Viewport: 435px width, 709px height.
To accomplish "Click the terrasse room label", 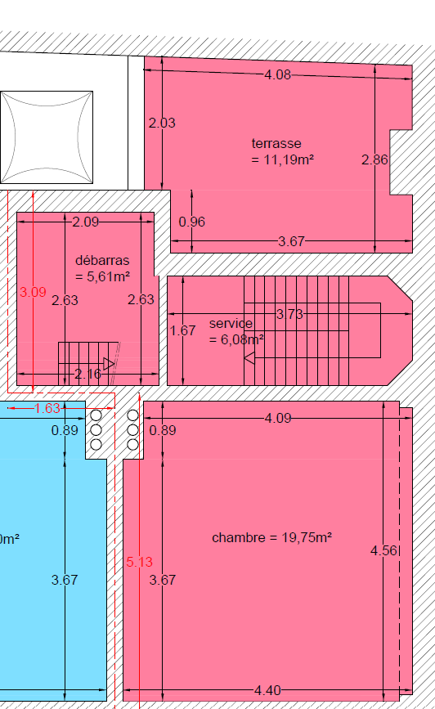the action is coord(276,143).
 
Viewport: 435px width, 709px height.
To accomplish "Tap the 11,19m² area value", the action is coord(289,159).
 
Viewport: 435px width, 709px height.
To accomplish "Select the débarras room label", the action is coord(102,260).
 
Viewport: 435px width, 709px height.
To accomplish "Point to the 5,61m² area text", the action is coord(109,276).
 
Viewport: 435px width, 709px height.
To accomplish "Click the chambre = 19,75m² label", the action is coord(271,537).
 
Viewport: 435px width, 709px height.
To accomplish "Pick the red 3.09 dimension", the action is coord(33,292).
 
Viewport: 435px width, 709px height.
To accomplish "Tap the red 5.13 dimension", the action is coord(139,562).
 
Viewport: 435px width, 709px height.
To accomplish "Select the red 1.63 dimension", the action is coord(47,408).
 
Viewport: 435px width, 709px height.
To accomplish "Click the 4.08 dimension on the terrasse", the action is coord(278,74).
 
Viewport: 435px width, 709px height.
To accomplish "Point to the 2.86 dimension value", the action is coord(374,159).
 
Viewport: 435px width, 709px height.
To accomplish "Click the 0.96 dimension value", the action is coord(191,222).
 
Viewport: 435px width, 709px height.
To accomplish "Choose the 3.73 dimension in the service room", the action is coord(289,314).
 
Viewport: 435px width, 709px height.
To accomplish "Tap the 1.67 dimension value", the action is coord(182,330).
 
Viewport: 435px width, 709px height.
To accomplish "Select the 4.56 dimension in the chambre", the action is coord(383,550).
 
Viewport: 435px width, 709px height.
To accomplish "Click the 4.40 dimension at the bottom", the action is coord(267,690).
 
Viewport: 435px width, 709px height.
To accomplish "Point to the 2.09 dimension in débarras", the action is coord(86,222).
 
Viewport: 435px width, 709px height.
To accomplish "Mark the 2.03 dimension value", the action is coord(162,123).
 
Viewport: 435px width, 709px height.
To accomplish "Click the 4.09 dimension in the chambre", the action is coord(278,418).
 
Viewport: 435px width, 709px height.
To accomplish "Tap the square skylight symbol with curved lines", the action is coord(47,137).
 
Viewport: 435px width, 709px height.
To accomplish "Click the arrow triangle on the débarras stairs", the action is coord(109,364).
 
